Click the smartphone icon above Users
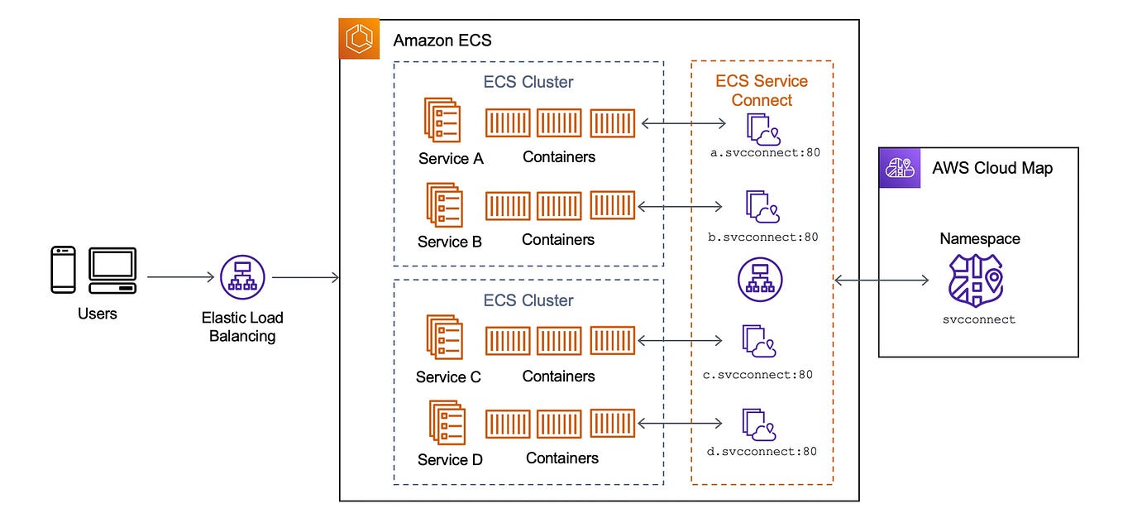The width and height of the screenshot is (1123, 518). click(63, 269)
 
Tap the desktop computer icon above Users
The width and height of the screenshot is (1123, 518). click(112, 270)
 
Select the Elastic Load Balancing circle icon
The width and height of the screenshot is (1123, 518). click(242, 277)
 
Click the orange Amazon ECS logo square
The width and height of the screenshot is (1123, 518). click(359, 39)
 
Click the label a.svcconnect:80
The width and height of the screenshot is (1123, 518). click(765, 153)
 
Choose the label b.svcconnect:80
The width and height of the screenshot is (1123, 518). click(763, 237)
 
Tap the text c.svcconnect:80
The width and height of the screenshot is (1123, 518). click(757, 374)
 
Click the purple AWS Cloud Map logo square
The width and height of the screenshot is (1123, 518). click(899, 168)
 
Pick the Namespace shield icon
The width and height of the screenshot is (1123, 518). click(975, 281)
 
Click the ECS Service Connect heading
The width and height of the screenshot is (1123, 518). click(762, 90)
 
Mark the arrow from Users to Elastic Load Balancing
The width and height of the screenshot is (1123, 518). click(179, 278)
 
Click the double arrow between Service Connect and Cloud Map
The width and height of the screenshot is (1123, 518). click(882, 281)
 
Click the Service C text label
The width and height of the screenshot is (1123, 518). click(448, 377)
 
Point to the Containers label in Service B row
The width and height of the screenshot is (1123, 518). click(558, 240)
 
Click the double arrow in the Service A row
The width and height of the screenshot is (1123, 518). click(684, 123)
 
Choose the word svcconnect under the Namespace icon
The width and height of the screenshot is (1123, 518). click(978, 319)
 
